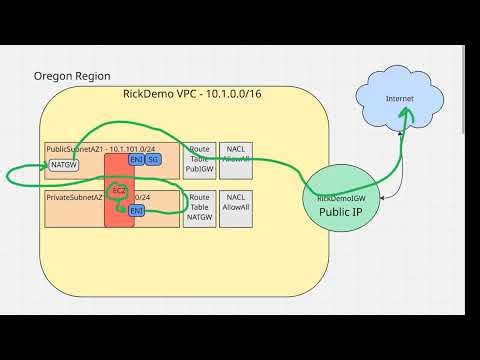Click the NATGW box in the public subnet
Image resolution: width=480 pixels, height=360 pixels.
click(64, 164)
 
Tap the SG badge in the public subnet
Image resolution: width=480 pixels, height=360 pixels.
click(153, 160)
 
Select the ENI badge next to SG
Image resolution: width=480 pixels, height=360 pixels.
click(137, 160)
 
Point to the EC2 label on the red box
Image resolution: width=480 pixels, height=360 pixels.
click(119, 190)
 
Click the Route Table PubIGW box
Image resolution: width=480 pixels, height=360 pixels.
click(199, 160)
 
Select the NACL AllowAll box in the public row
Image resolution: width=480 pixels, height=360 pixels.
click(236, 160)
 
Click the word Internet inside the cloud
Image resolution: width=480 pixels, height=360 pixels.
click(399, 98)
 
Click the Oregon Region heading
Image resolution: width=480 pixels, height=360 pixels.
click(72, 76)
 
